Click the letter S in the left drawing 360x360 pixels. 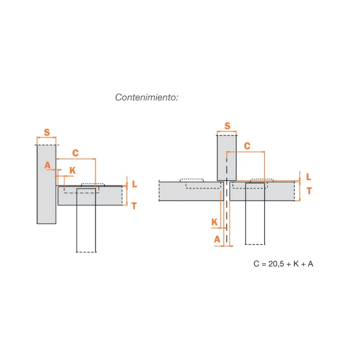[47, 132]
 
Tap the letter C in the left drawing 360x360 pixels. [76, 153]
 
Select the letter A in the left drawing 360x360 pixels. [47, 165]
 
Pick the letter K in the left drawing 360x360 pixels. [72, 170]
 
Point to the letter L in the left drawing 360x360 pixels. [135, 184]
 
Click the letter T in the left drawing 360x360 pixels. [134, 206]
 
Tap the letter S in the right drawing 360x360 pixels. [227, 126]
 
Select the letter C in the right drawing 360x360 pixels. [247, 146]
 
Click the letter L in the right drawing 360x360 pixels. [309, 177]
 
